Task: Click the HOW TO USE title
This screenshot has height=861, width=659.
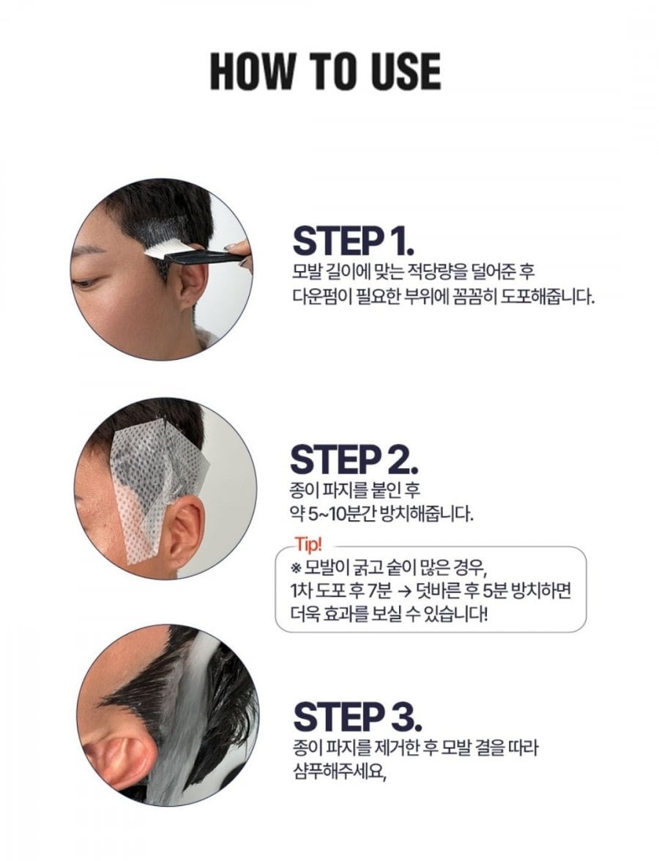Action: click(x=325, y=71)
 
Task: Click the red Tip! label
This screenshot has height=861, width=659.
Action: click(x=308, y=544)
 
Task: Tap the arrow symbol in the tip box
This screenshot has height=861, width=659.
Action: click(x=405, y=591)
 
